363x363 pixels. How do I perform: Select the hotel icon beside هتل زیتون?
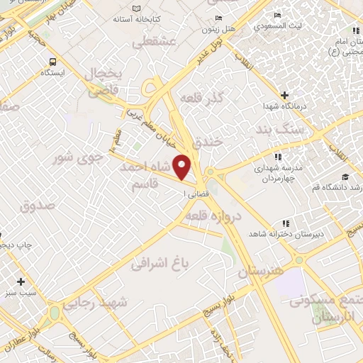(x=218, y=18)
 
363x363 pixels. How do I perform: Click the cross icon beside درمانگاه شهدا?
(x=285, y=95)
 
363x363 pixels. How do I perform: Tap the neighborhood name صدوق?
(x=37, y=207)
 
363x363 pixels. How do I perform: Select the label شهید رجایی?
(x=95, y=303)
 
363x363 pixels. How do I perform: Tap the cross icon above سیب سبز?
(x=21, y=281)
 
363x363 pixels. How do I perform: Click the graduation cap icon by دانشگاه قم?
(x=345, y=177)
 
